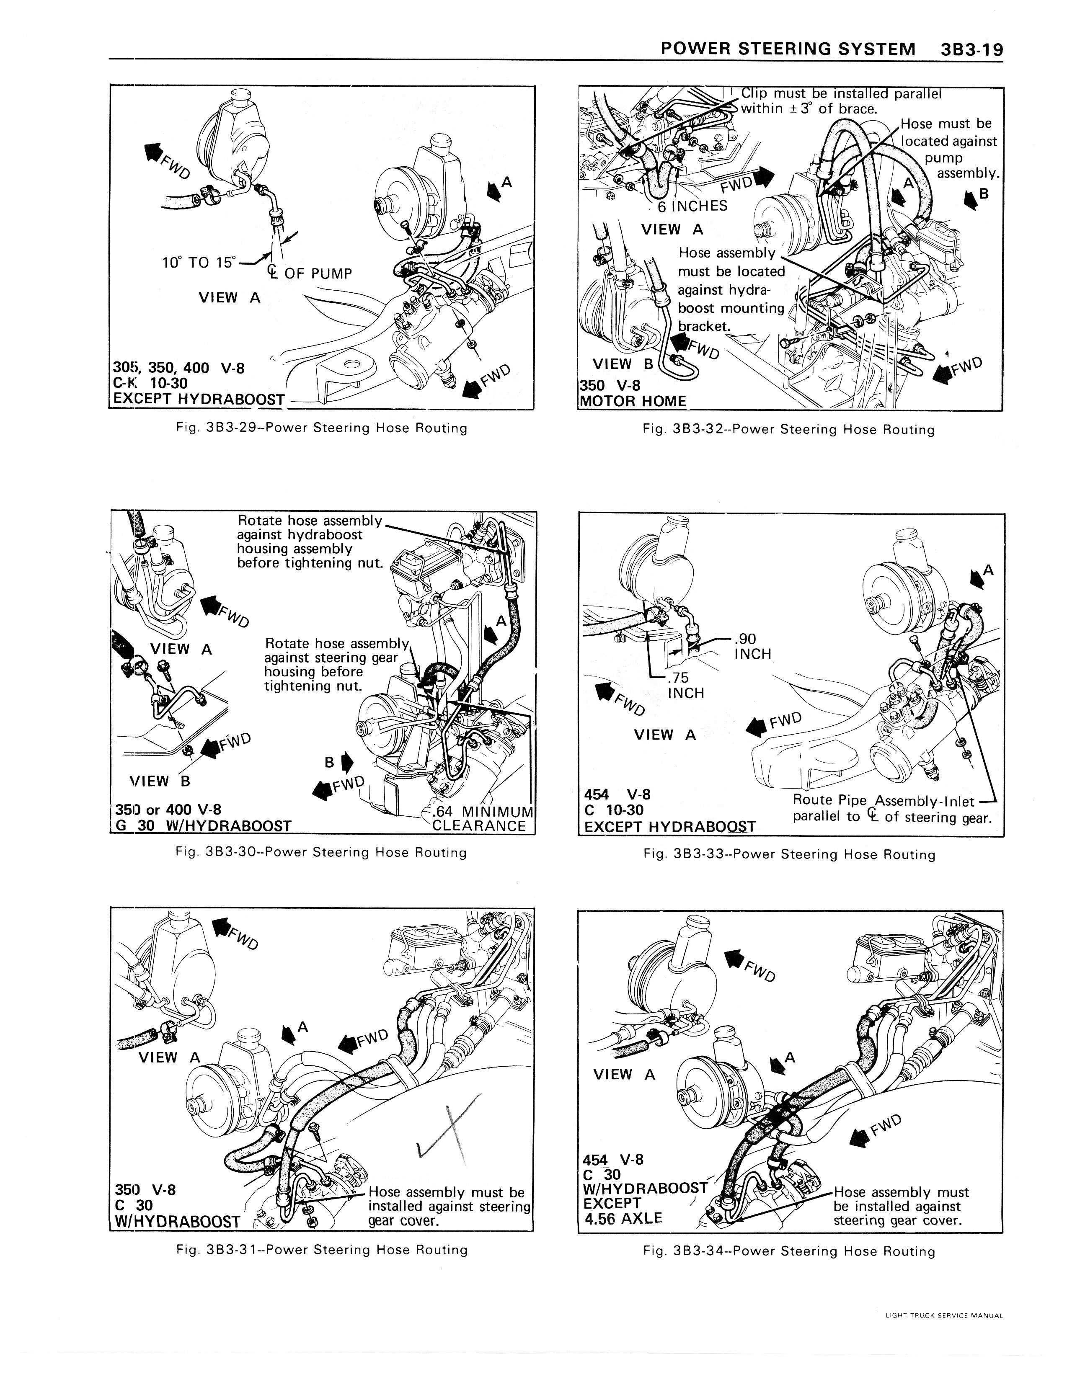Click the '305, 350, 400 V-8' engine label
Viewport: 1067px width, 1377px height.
[178, 368]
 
